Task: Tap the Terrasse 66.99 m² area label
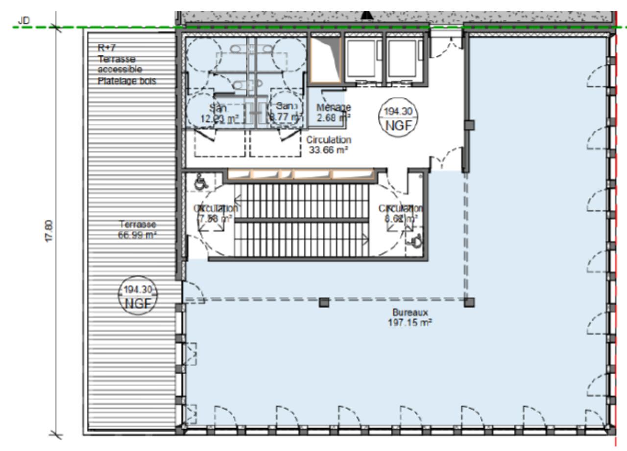point(138,229)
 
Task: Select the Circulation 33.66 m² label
point(328,145)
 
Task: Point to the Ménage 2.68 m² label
point(333,111)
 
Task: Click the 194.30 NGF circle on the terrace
point(138,296)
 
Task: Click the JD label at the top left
point(23,21)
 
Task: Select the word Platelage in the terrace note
point(114,81)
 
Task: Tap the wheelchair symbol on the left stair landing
point(199,182)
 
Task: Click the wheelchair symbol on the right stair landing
point(416,240)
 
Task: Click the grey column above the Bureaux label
point(323,303)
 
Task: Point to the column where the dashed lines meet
point(469,302)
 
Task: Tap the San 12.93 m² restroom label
point(212,112)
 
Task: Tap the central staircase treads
point(301,220)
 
